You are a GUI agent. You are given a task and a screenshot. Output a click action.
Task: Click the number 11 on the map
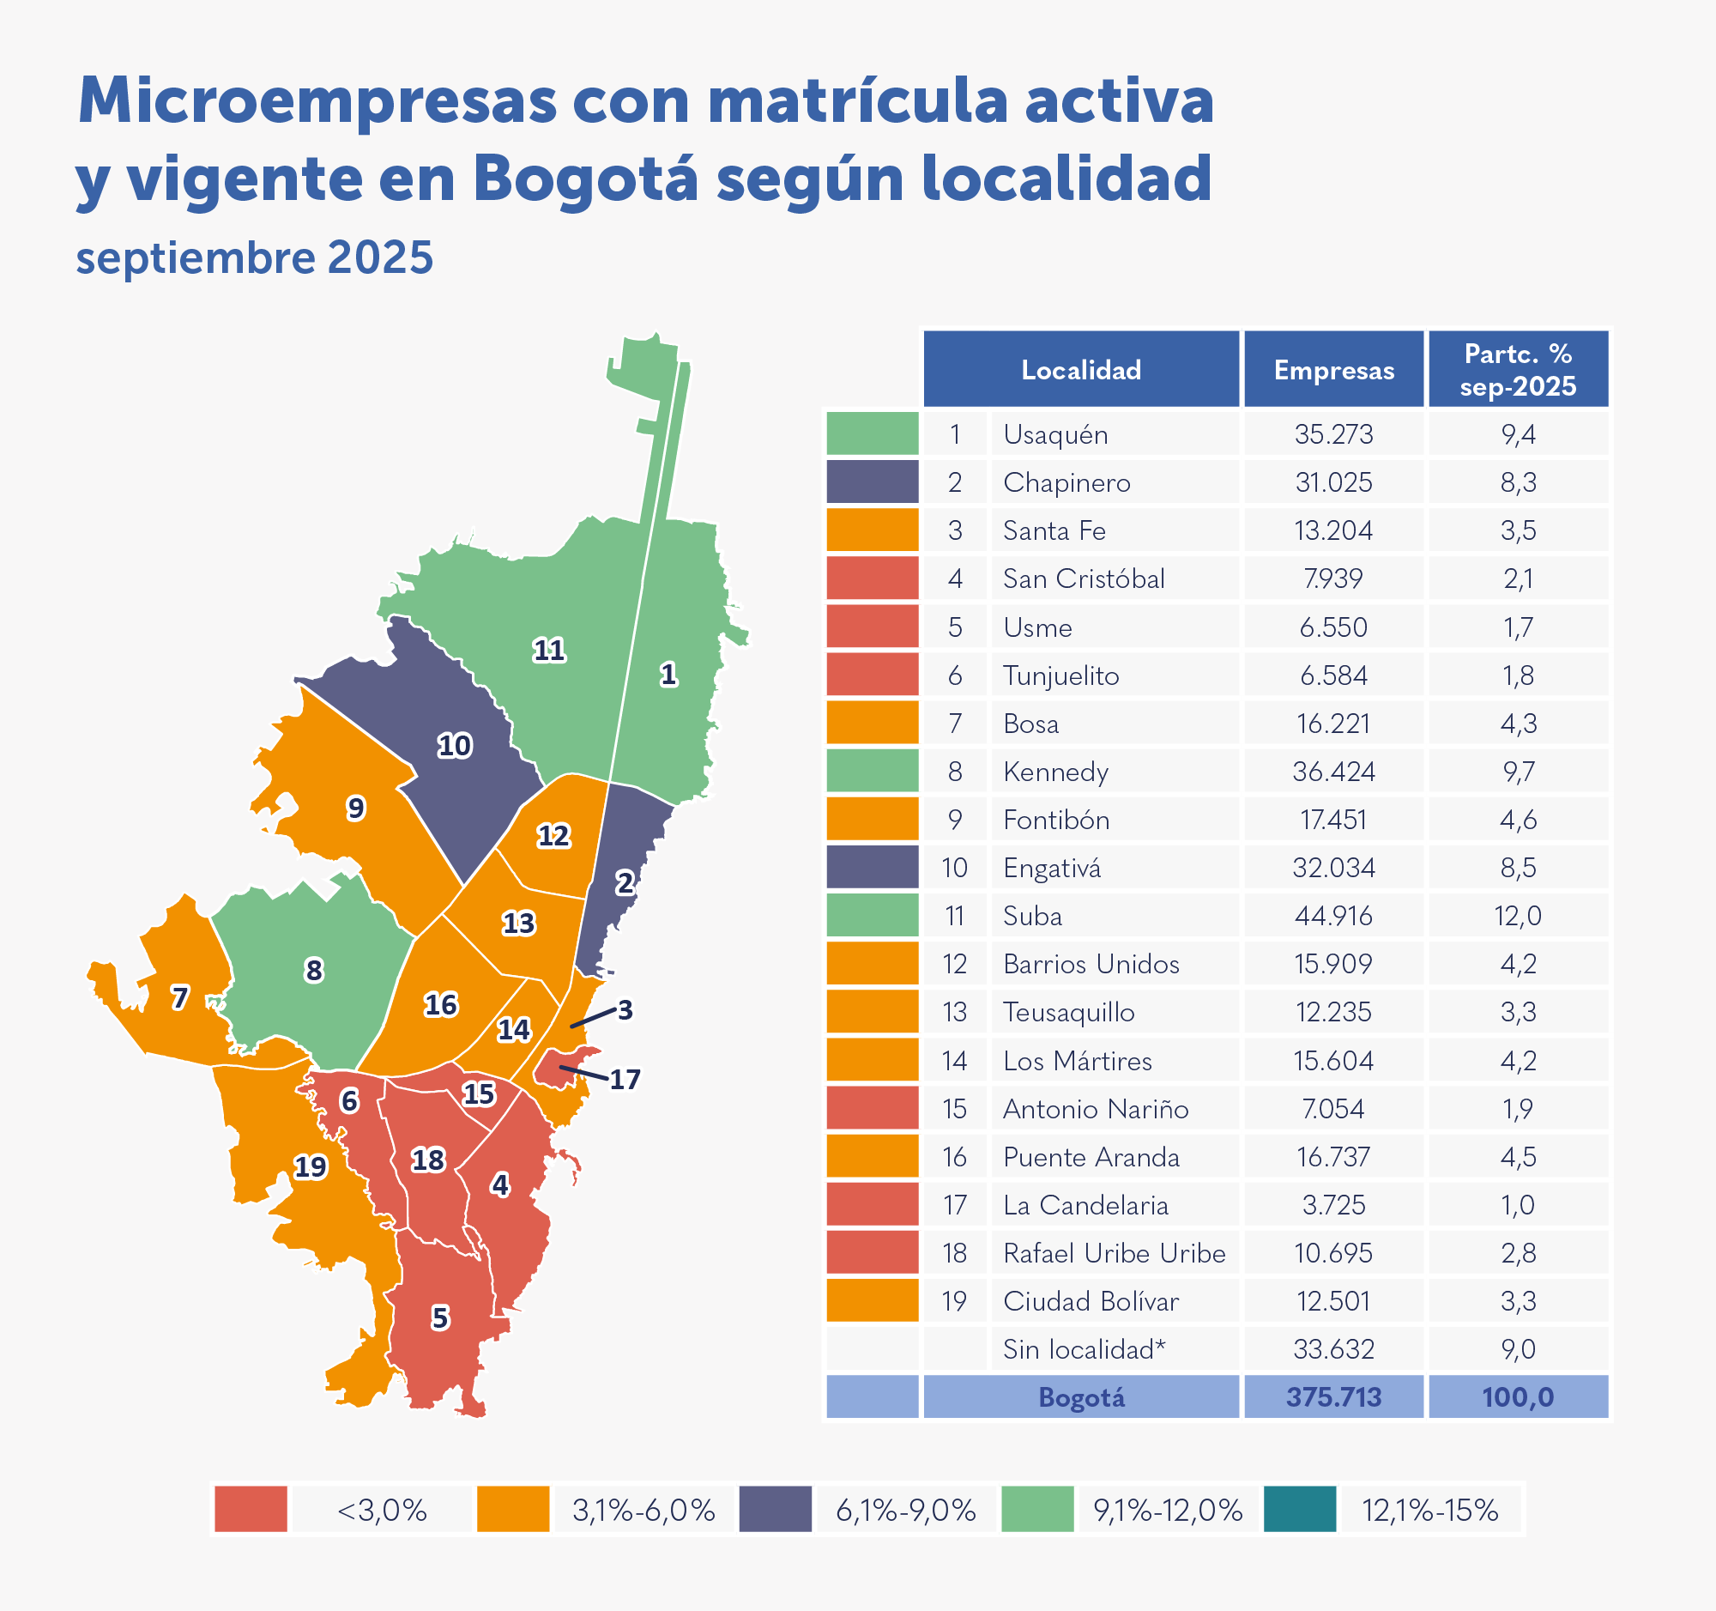click(x=549, y=650)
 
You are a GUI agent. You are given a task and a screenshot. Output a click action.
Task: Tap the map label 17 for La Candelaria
click(x=625, y=1079)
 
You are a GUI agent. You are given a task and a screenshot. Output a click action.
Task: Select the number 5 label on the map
click(x=440, y=1317)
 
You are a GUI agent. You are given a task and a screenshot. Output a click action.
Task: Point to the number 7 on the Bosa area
click(x=179, y=998)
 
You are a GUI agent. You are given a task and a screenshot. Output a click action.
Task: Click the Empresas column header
click(x=1333, y=371)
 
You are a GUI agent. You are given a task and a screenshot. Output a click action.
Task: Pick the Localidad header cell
click(x=1081, y=371)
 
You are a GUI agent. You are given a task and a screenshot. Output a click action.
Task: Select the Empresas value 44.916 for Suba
click(x=1333, y=916)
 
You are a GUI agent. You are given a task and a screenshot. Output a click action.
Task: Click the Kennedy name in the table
click(x=1055, y=772)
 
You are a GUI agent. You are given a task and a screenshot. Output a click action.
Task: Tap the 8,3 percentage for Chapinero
click(x=1518, y=482)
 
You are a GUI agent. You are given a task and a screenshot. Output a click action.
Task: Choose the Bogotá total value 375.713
click(x=1333, y=1397)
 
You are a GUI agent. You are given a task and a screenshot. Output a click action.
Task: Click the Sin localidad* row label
click(x=1085, y=1349)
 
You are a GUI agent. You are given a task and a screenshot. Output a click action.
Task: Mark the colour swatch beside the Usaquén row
click(x=872, y=434)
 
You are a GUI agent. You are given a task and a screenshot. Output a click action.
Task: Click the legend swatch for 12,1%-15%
click(x=1300, y=1509)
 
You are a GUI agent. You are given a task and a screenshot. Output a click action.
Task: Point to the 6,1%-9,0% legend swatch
click(x=775, y=1509)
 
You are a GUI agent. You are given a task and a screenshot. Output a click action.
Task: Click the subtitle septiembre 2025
click(x=255, y=257)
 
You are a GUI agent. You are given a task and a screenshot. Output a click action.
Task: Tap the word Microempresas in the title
click(x=317, y=101)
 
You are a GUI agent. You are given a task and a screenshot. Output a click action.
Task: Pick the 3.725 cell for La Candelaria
click(x=1333, y=1205)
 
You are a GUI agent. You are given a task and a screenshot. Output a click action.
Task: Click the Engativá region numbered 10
click(x=454, y=746)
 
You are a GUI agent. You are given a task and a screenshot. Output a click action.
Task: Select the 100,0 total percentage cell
click(x=1518, y=1397)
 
